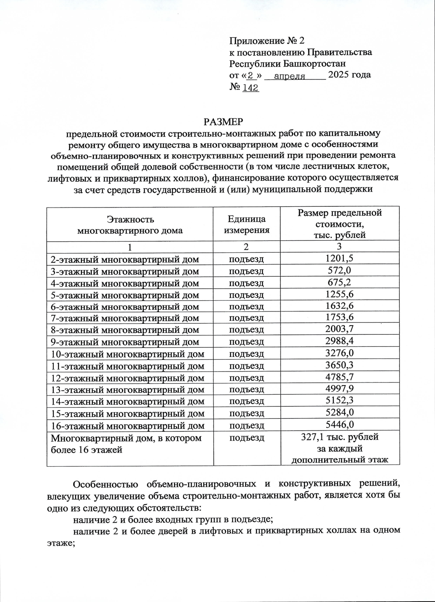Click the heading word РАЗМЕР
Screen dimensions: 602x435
tap(223, 121)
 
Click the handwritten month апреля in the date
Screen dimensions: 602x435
tap(290, 76)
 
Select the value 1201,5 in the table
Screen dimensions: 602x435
tap(339, 259)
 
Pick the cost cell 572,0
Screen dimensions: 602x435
tap(339, 271)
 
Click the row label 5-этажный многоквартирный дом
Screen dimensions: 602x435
tap(125, 295)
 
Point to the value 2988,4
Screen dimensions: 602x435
tap(339, 341)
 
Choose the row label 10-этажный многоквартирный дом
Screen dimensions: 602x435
tap(127, 354)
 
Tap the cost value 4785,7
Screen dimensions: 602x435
tap(339, 377)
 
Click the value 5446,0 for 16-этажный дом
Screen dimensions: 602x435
tap(339, 425)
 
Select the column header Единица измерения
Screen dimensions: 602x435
tap(246, 224)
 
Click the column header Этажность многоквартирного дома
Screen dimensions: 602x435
tap(130, 225)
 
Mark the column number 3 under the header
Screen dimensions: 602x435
tap(339, 247)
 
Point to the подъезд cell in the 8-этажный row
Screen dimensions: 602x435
tap(246, 330)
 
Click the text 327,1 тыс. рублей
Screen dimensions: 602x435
tap(340, 437)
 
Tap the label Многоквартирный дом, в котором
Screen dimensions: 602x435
tap(126, 438)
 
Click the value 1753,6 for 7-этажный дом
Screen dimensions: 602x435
tap(339, 318)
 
